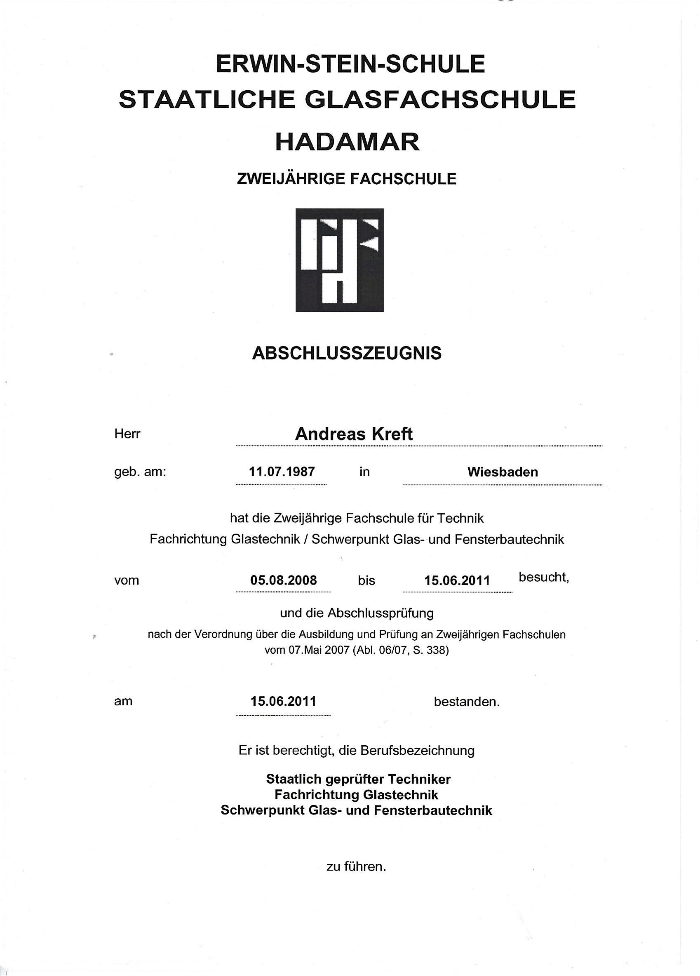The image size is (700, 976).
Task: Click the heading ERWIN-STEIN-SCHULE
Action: [x=350, y=64]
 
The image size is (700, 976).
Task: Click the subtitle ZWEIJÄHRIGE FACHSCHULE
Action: [x=347, y=178]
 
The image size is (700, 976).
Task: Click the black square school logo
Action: [x=339, y=260]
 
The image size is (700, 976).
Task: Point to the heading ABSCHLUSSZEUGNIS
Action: [x=347, y=353]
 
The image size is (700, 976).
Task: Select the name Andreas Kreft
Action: [x=353, y=434]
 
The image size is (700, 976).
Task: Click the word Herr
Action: [x=127, y=434]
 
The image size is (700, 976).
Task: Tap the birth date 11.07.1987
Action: [x=282, y=472]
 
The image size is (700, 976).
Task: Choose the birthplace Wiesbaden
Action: [x=503, y=472]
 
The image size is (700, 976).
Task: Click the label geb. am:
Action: [x=140, y=472]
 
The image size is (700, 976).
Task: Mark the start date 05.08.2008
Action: [x=283, y=580]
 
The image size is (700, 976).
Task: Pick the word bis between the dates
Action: [x=366, y=580]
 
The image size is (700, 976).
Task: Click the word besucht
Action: [x=543, y=577]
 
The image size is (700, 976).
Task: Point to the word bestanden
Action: [x=466, y=702]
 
